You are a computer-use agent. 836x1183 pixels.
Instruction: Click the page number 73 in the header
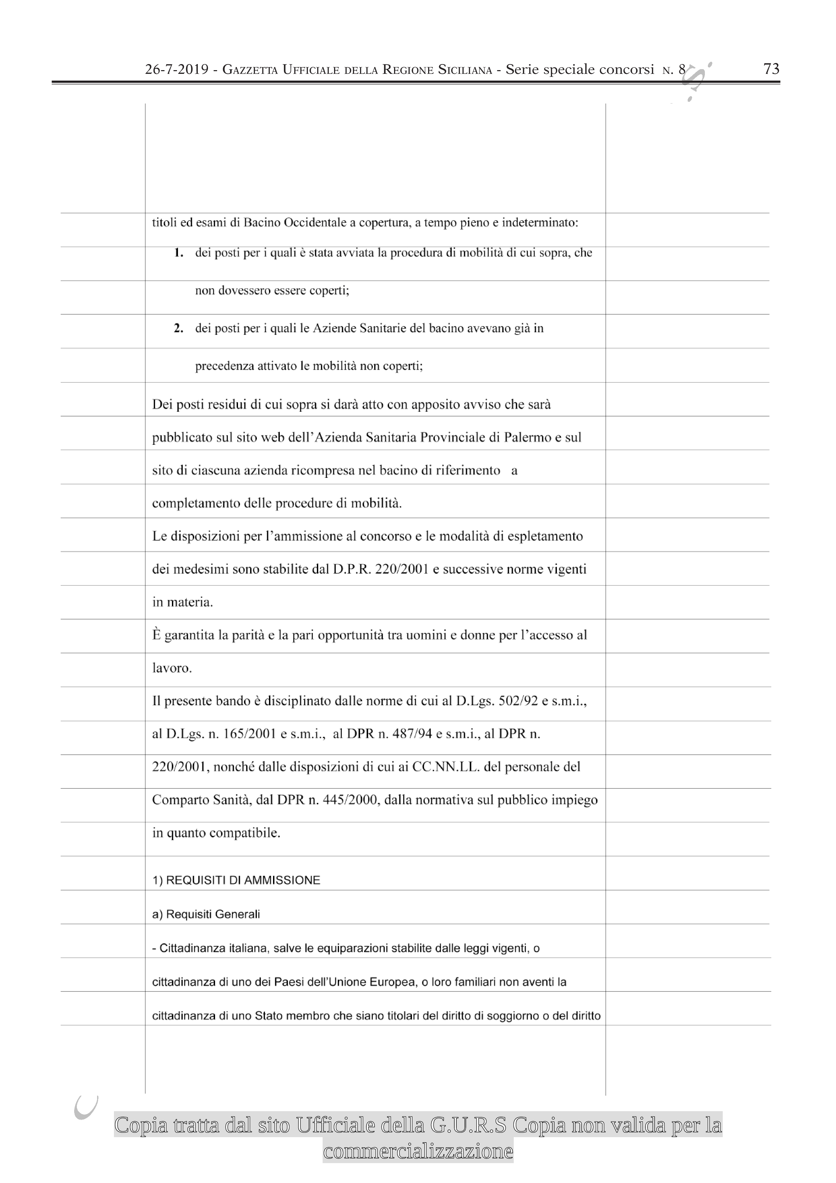coord(771,69)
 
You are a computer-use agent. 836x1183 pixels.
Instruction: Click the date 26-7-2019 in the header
coord(177,69)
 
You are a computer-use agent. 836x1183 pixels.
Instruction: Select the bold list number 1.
coord(179,253)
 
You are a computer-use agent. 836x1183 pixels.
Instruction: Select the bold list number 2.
coord(179,328)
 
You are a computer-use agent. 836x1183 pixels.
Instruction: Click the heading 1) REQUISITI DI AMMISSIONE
coord(236,881)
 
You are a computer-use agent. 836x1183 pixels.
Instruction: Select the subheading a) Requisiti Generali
coord(206,915)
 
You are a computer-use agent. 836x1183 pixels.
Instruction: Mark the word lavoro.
coord(172,668)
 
